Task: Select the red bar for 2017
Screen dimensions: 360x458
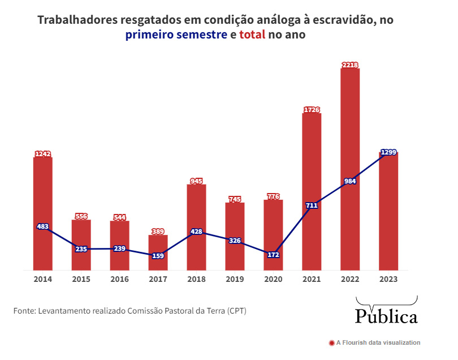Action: click(x=158, y=252)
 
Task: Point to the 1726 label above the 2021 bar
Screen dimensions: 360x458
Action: click(x=312, y=110)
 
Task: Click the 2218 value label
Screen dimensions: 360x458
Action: click(x=350, y=65)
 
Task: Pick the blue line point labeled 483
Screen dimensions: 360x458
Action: click(x=42, y=226)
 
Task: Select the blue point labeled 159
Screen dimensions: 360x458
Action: click(x=158, y=256)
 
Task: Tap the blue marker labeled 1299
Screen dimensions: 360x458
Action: click(x=388, y=152)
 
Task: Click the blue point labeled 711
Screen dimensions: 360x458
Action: click(x=312, y=205)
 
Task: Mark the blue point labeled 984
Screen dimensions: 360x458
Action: click(x=350, y=182)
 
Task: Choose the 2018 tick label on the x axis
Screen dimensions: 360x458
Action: click(x=196, y=280)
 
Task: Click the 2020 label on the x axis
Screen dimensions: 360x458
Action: click(x=273, y=280)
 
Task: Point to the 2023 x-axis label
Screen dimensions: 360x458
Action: click(x=388, y=280)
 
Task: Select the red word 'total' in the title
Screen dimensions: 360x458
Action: click(x=252, y=35)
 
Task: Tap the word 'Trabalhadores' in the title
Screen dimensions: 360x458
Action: click(x=77, y=20)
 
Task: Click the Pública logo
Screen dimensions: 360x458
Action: click(x=386, y=315)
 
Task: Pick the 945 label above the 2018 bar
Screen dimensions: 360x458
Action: click(x=196, y=181)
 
